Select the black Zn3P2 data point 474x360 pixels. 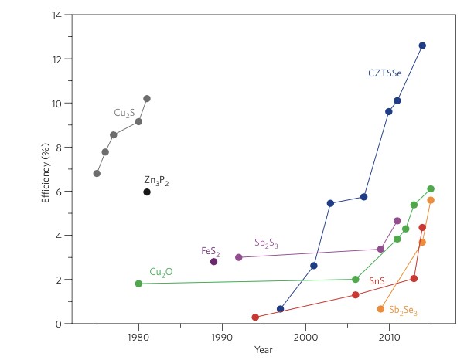(147, 192)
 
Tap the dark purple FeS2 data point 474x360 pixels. (213, 262)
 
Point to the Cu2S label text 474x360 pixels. (124, 113)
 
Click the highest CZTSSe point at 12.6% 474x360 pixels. (422, 46)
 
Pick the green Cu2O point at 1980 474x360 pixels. (138, 284)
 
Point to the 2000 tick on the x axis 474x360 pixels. (305, 337)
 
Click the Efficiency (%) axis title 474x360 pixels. (46, 170)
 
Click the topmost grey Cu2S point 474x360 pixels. (147, 99)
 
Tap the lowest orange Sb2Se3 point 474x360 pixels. (380, 309)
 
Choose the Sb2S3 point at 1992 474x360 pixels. (239, 257)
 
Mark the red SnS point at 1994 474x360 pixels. (255, 318)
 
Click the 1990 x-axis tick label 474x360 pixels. (222, 337)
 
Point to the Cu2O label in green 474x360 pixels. (161, 272)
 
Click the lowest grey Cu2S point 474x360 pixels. (97, 173)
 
